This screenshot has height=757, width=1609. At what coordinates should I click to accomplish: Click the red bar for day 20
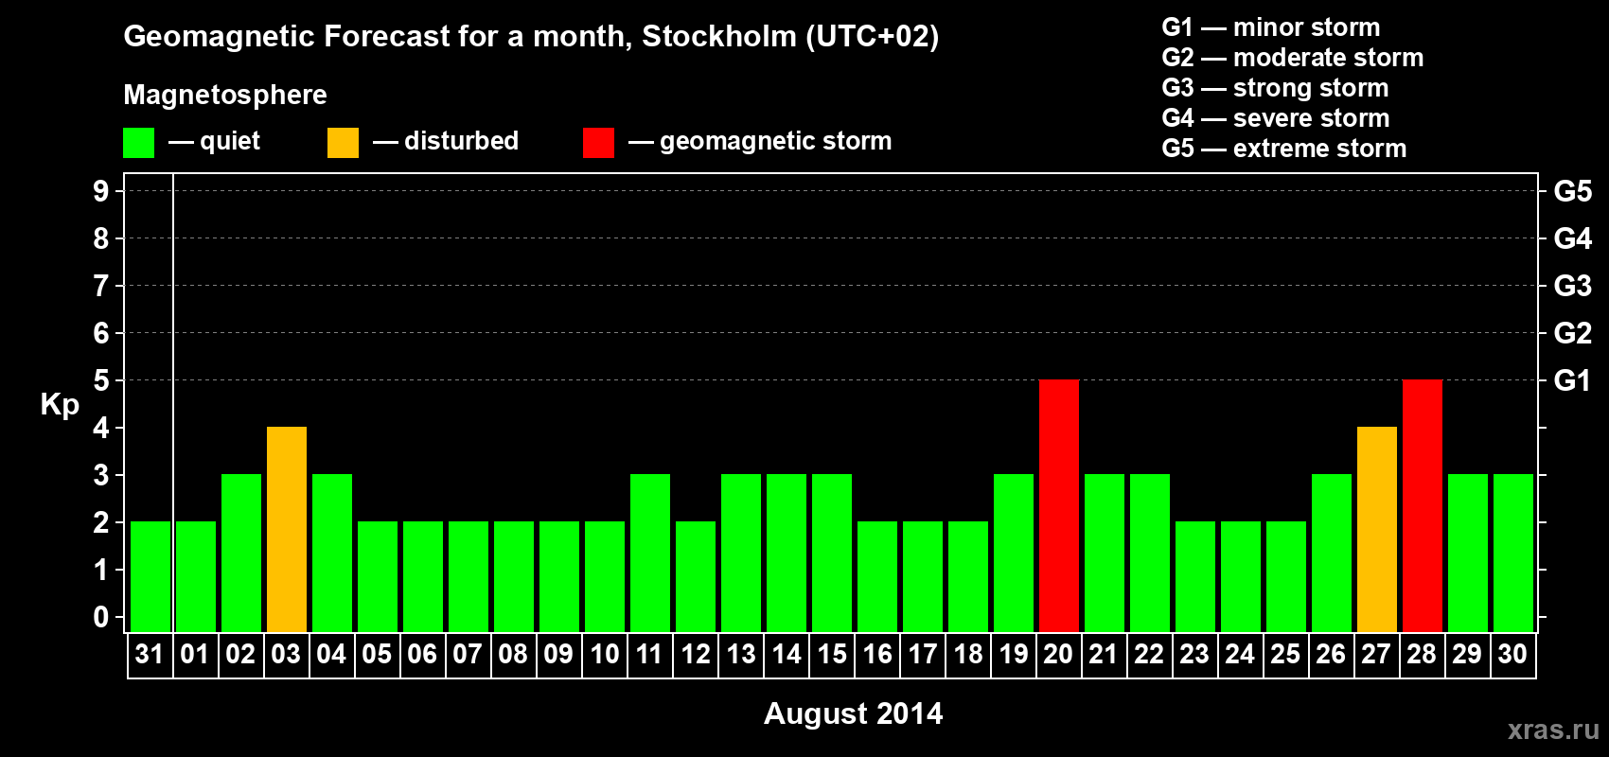point(1058,505)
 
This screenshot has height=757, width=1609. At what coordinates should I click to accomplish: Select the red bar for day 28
point(1422,505)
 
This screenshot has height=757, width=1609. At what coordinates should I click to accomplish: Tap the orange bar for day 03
point(286,529)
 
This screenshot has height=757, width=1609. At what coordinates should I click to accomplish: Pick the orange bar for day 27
point(1376,529)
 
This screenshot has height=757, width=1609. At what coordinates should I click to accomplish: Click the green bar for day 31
point(150,576)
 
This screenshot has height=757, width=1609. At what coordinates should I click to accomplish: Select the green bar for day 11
point(649,553)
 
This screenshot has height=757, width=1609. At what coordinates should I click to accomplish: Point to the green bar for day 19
point(1013,553)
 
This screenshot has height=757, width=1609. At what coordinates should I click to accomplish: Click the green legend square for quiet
point(138,143)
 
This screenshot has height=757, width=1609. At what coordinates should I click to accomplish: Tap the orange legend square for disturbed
point(343,143)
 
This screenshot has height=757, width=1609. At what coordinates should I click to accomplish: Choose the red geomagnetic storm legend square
point(598,143)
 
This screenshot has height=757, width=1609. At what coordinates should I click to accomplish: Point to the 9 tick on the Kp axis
point(101,191)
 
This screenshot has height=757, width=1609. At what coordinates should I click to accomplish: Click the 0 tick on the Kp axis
point(101,618)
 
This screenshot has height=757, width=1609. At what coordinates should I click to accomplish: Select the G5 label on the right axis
point(1572,191)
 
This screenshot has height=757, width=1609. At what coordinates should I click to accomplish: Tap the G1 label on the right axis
point(1572,380)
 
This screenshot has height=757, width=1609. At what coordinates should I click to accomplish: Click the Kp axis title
point(60,405)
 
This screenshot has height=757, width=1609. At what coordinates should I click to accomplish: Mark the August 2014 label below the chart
point(853,713)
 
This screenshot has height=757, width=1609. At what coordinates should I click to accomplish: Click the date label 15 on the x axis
point(832,654)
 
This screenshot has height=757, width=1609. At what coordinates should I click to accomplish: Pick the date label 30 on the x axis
point(1512,654)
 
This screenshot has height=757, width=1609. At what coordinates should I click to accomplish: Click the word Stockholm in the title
point(719,37)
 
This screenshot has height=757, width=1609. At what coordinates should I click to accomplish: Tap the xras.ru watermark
point(1553,730)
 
